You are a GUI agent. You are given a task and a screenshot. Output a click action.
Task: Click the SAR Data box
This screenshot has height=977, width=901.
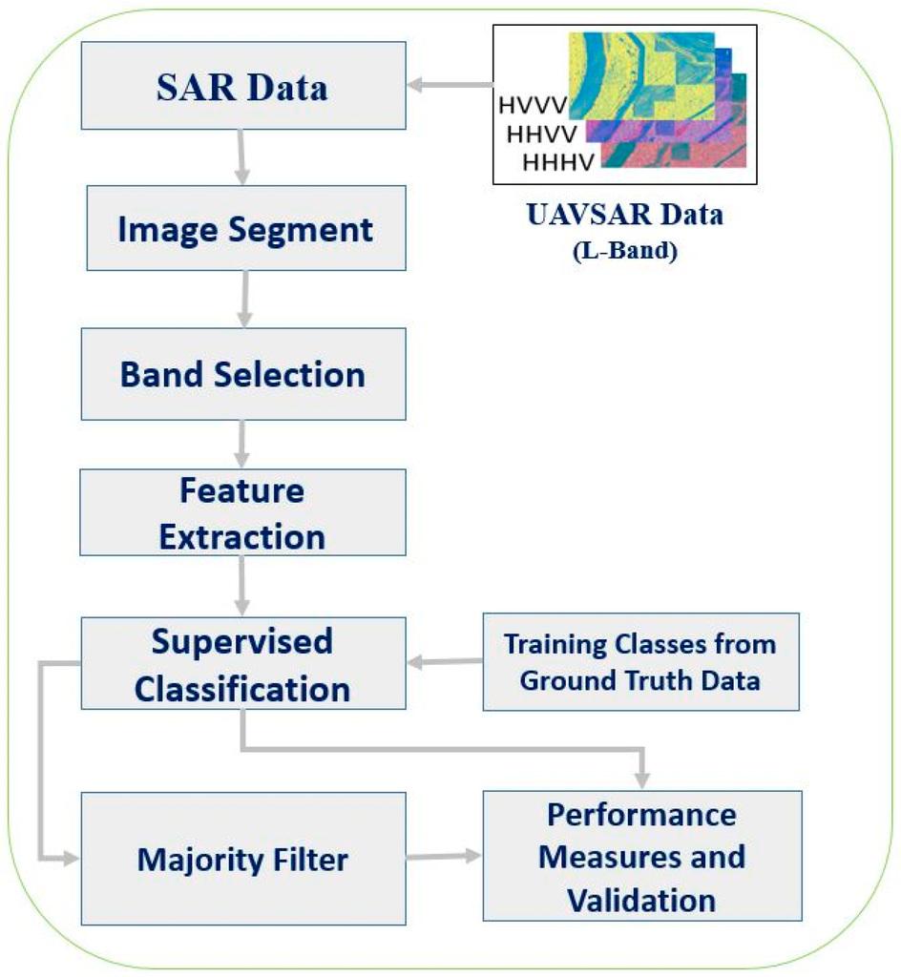[243, 86]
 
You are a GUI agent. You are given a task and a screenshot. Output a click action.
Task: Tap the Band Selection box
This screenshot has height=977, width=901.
[243, 373]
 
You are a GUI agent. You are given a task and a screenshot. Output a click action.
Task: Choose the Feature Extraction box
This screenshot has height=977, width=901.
[242, 513]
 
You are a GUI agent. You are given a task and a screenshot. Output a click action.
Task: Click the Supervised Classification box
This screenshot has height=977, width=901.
[242, 663]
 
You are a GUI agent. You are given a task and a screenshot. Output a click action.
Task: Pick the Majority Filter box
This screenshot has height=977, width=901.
[243, 860]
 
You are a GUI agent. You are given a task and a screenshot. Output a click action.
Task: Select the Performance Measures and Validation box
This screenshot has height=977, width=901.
[640, 856]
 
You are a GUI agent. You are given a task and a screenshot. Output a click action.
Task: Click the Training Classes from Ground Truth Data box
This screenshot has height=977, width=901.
[640, 662]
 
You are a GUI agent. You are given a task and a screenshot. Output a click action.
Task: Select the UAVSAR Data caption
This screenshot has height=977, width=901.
[624, 215]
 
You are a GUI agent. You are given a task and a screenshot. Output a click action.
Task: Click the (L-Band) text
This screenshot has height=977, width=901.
[624, 253]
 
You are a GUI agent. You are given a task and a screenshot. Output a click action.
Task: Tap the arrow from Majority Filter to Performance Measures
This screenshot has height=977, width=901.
[444, 856]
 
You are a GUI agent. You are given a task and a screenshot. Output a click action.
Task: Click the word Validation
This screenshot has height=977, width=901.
[640, 899]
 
